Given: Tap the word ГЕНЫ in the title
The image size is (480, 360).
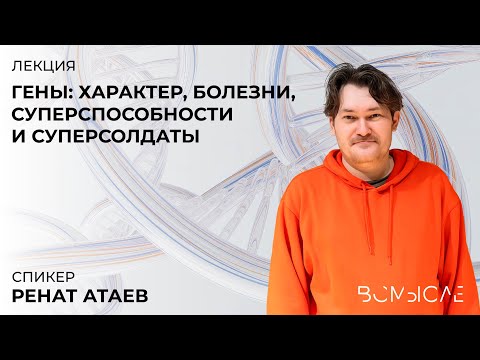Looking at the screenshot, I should pyautogui.click(x=44, y=92).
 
